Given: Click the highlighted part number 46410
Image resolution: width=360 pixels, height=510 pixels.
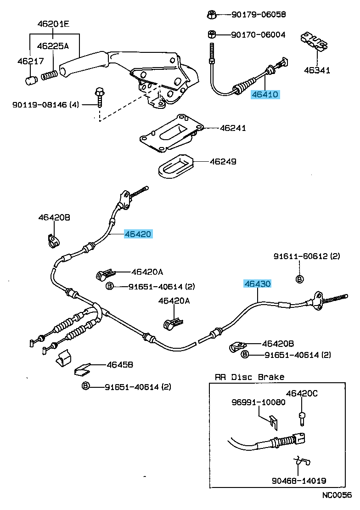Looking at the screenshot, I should tap(264, 95).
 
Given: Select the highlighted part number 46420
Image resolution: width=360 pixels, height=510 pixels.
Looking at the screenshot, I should tap(138, 234).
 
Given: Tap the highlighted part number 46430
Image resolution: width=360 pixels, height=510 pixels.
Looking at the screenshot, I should tap(258, 284).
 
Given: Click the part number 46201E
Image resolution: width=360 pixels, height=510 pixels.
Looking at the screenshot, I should tap(53, 23).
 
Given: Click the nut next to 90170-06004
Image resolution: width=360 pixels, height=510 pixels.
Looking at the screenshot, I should tap(211, 34).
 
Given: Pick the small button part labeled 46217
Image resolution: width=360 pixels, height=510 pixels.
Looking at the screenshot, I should tap(31, 80).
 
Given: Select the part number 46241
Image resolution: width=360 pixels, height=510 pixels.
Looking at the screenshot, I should tap(232, 128).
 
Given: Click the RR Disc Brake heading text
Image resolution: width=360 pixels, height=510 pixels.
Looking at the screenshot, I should tap(249, 377).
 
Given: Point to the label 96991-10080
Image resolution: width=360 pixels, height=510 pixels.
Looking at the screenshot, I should tap(258, 402).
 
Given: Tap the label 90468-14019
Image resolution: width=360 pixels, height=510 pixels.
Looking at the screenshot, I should tap(298, 481).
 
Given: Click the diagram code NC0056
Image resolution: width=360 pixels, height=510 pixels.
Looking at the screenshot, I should tap(336, 495).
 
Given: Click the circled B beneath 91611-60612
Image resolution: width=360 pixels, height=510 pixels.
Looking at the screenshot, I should tap(299, 279).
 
